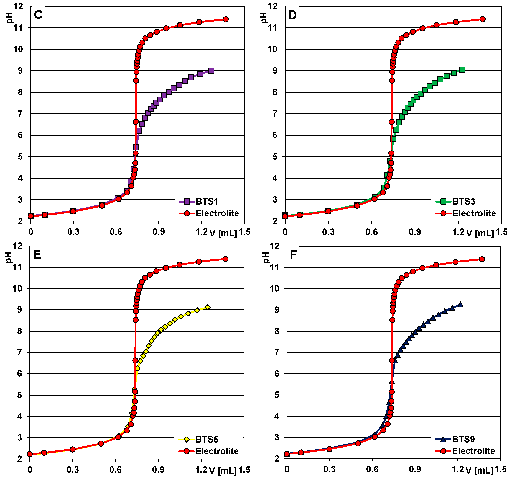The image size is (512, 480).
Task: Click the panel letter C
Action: [x=38, y=15]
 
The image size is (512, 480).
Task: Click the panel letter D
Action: [x=293, y=15]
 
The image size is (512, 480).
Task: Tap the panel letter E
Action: [x=37, y=255]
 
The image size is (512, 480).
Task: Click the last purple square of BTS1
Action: [x=211, y=71]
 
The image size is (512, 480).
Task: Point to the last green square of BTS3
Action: [x=462, y=70]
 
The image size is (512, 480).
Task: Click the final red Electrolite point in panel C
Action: [x=226, y=19]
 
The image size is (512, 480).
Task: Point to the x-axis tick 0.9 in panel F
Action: [x=415, y=469]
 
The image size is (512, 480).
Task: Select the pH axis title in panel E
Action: [x=9, y=257]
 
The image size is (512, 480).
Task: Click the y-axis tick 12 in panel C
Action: [x=18, y=6]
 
